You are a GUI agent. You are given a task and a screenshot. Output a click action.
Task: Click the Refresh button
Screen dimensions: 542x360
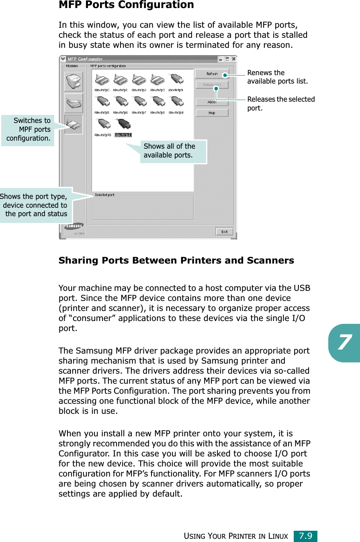click(x=212, y=74)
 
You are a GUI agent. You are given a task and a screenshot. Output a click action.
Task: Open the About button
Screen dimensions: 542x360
click(x=212, y=102)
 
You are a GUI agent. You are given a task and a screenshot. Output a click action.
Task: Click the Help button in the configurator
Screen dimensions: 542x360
click(x=212, y=113)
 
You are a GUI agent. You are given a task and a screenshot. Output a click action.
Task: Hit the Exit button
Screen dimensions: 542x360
click(x=224, y=231)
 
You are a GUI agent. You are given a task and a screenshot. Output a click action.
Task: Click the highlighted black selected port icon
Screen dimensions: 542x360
click(x=122, y=125)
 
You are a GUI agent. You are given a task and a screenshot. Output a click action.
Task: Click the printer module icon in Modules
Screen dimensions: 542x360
click(x=74, y=82)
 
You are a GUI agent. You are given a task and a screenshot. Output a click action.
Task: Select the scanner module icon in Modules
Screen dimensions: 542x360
click(x=74, y=103)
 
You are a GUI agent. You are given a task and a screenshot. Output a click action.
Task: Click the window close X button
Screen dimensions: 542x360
click(x=233, y=59)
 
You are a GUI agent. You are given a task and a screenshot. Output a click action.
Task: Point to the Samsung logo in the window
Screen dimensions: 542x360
click(x=74, y=226)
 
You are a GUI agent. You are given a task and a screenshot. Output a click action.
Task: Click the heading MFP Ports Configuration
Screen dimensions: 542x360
click(x=126, y=5)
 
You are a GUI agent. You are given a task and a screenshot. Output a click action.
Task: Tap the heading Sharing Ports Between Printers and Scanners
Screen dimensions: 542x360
click(x=176, y=260)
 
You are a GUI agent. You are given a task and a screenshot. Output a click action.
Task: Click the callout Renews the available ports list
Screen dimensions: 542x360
click(x=277, y=77)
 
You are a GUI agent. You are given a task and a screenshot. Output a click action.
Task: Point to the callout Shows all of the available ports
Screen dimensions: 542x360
click(x=173, y=151)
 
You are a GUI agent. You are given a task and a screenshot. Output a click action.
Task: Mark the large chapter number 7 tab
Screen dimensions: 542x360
click(x=344, y=343)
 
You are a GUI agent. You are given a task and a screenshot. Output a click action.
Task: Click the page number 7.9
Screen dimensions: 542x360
click(x=305, y=536)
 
